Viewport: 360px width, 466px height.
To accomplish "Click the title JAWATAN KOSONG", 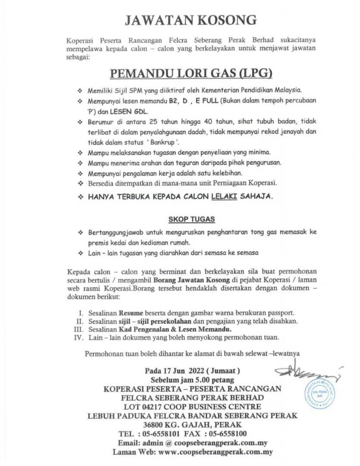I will coord(191,20).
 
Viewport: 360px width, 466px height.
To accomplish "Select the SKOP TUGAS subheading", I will coord(191,219).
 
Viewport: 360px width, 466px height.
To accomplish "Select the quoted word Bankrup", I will coord(165,141).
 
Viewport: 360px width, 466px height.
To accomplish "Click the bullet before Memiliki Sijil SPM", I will coord(79,91).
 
